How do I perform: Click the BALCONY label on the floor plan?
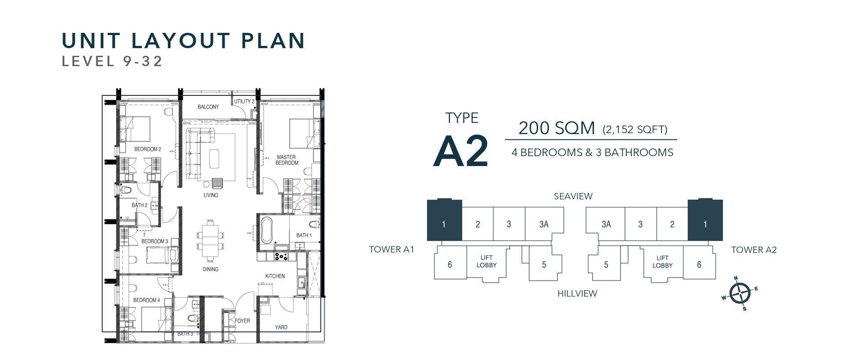(x=208, y=107)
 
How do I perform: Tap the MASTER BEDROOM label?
(x=287, y=160)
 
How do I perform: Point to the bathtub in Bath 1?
(x=267, y=230)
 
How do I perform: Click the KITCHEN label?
(x=275, y=276)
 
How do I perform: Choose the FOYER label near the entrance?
(x=242, y=321)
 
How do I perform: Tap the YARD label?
(x=281, y=327)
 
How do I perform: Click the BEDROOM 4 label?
(x=146, y=300)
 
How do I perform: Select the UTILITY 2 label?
(x=244, y=102)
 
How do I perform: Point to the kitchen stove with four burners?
(x=281, y=256)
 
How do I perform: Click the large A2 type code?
(x=461, y=151)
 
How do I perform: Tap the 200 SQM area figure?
(x=557, y=128)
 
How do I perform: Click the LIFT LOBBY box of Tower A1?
(x=486, y=263)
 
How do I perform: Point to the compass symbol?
(x=739, y=294)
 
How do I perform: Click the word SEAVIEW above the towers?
(x=573, y=196)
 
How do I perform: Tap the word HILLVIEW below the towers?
(x=577, y=293)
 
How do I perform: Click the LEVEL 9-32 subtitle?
(x=112, y=61)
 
